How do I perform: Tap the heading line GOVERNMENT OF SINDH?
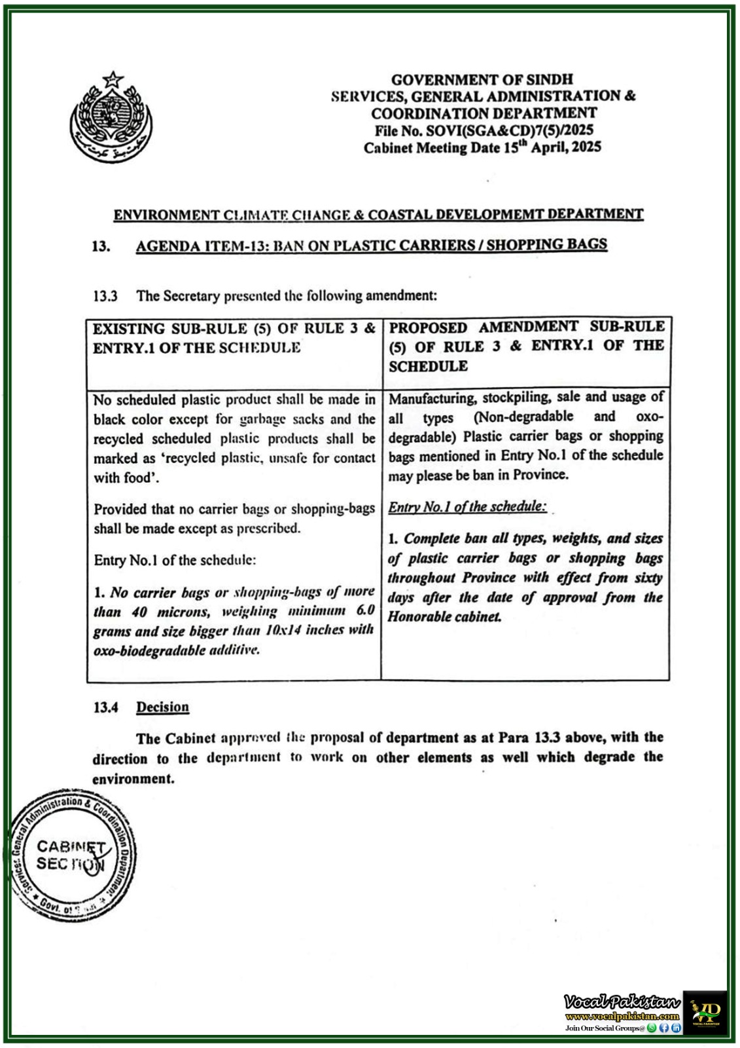[x=482, y=79]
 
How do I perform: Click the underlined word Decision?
[x=162, y=707]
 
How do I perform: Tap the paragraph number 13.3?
[x=105, y=296]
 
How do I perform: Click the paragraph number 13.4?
[x=105, y=707]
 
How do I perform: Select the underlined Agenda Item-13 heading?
[x=371, y=246]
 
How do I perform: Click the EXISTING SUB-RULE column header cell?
[x=234, y=352]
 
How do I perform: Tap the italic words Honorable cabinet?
[x=444, y=617]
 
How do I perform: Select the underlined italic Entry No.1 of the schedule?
[x=467, y=507]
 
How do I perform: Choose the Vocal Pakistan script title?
[x=622, y=1001]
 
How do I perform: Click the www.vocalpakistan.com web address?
[x=622, y=1017]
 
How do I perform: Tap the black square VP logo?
[x=705, y=1012]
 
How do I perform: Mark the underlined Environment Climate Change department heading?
[x=378, y=215]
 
